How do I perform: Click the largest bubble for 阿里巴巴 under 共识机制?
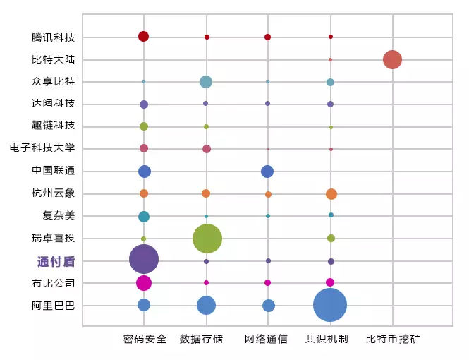[330, 306]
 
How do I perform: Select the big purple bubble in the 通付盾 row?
[144, 259]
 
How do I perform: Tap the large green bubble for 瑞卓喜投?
[207, 239]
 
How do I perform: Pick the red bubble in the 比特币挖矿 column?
[392, 59]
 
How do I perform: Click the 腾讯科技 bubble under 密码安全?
[143, 36]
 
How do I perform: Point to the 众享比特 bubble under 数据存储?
[206, 82]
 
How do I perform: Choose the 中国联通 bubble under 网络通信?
[267, 172]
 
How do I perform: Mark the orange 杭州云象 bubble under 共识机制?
[331, 194]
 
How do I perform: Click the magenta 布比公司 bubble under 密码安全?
[144, 283]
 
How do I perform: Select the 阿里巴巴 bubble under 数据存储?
[206, 305]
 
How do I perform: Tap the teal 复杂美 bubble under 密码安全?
[144, 217]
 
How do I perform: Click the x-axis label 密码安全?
[145, 339]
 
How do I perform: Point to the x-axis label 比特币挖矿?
[393, 339]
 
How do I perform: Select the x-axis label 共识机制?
[327, 339]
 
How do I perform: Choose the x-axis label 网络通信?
[266, 339]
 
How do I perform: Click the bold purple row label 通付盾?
[56, 261]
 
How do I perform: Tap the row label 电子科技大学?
[42, 148]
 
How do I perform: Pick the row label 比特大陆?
[53, 59]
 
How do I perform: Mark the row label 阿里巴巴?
[53, 306]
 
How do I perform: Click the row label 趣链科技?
[53, 126]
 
